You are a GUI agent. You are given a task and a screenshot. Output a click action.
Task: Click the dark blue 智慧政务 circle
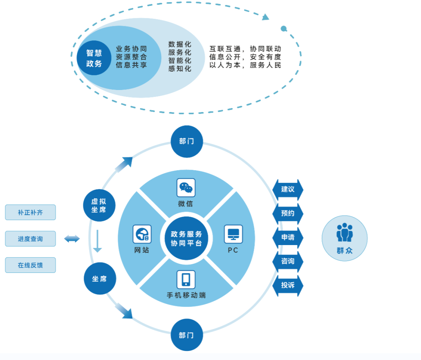click(x=94, y=58)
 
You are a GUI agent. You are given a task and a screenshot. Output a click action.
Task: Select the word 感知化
click(x=180, y=69)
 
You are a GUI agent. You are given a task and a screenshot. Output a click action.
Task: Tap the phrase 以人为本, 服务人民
click(x=245, y=65)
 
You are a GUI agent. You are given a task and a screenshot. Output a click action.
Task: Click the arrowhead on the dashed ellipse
click(x=266, y=17)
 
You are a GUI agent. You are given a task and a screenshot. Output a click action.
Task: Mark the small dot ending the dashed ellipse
click(x=284, y=29)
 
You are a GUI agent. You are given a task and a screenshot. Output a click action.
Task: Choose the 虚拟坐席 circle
click(x=100, y=205)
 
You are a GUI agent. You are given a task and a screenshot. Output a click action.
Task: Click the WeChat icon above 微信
click(x=186, y=188)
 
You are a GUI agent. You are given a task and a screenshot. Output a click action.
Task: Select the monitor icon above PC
click(x=233, y=234)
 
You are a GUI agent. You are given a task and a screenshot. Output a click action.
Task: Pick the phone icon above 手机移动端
click(x=186, y=279)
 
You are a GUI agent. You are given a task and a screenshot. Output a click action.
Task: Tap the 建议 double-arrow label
click(x=288, y=189)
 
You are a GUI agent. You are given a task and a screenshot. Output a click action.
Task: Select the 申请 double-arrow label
click(x=288, y=237)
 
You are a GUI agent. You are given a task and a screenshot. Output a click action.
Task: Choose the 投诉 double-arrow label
click(x=288, y=285)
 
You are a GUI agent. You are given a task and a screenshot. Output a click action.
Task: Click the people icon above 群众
click(x=345, y=232)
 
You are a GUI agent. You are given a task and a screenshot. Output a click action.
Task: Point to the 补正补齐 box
click(x=30, y=213)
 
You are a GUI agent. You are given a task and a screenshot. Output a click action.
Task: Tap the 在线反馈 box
click(x=30, y=265)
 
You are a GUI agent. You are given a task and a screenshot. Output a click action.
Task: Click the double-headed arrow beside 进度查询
click(x=72, y=239)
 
